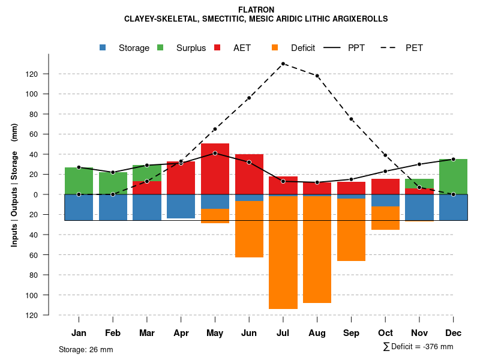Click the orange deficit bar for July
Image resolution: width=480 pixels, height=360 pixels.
(283, 252)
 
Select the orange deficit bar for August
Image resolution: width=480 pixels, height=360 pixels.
(317, 249)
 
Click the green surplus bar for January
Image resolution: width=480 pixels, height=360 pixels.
(79, 181)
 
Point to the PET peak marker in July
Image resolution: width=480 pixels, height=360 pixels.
(283, 64)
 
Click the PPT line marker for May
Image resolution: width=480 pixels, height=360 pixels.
(215, 153)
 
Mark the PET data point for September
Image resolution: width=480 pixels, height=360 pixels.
(351, 119)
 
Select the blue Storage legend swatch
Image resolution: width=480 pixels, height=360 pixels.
(103, 48)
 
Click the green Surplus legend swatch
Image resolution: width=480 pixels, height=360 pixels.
(160, 48)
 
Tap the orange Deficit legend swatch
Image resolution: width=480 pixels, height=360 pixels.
(275, 48)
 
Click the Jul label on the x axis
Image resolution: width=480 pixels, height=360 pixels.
(283, 333)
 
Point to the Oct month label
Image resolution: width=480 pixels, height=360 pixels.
(385, 333)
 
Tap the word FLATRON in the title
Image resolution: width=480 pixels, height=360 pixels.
(256, 10)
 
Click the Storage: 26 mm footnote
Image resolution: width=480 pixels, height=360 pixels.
(86, 349)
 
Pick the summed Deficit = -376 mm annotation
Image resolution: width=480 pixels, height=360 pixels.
(418, 347)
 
